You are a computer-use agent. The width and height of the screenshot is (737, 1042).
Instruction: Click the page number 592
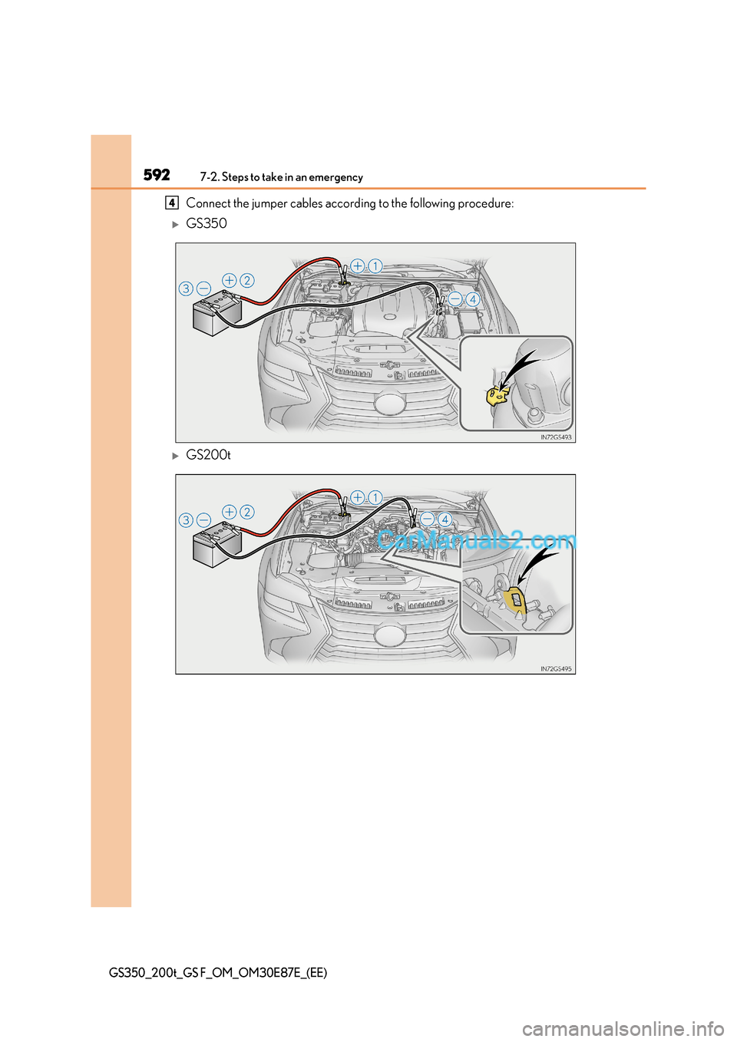[157, 175]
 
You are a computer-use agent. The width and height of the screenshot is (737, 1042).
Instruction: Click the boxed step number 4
[172, 203]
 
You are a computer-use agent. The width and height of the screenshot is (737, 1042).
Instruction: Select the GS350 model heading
[207, 223]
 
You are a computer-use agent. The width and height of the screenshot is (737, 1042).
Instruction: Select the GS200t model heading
[208, 455]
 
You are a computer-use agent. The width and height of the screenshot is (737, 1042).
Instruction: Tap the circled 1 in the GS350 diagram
[375, 266]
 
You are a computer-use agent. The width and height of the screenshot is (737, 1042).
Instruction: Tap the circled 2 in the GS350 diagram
[247, 280]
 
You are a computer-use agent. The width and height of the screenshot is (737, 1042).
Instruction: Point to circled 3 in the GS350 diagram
[186, 289]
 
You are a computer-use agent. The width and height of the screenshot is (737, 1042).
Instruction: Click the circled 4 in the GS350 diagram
[473, 299]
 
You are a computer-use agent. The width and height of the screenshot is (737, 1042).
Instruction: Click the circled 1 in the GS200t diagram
[375, 497]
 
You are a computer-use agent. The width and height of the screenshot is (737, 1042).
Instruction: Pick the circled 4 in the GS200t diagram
[445, 519]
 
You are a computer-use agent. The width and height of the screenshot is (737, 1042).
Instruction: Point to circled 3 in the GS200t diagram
[186, 520]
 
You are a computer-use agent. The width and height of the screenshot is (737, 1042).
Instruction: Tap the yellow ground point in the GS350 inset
[497, 395]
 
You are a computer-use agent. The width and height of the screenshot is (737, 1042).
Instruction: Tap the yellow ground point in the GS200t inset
[515, 601]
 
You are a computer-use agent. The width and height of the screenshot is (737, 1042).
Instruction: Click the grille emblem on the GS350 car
[390, 403]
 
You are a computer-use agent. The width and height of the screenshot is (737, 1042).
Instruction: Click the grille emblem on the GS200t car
[390, 635]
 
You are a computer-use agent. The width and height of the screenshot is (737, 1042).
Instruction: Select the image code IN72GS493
[556, 437]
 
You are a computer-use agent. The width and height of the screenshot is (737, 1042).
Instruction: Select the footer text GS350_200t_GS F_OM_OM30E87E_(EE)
[218, 972]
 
